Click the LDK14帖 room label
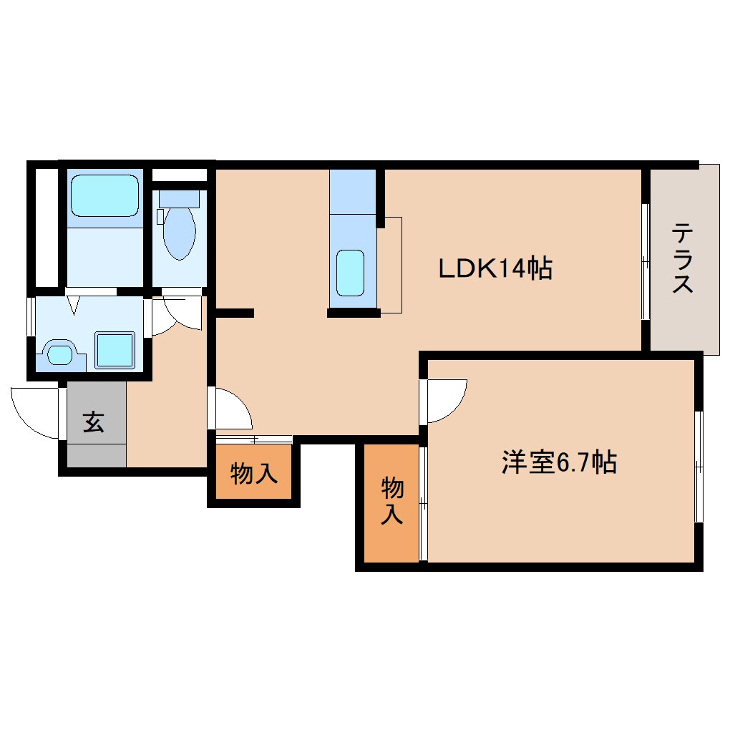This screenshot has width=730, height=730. [x=495, y=268]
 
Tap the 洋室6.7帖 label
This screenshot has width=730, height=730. [x=558, y=463]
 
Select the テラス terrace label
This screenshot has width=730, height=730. [x=682, y=258]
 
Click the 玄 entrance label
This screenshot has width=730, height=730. [x=94, y=422]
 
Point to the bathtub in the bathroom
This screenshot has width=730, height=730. [x=104, y=195]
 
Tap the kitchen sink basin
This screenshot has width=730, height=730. [x=350, y=273]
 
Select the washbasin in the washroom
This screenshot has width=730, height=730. [x=59, y=353]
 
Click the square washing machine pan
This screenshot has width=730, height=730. [x=115, y=350]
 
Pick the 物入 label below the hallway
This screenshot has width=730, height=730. [x=254, y=473]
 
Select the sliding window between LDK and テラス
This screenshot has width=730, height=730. [x=646, y=262]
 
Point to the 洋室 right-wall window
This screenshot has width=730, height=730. [x=699, y=467]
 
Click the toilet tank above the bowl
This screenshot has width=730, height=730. [x=179, y=198]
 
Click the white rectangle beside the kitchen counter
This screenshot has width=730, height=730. [x=391, y=264]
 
